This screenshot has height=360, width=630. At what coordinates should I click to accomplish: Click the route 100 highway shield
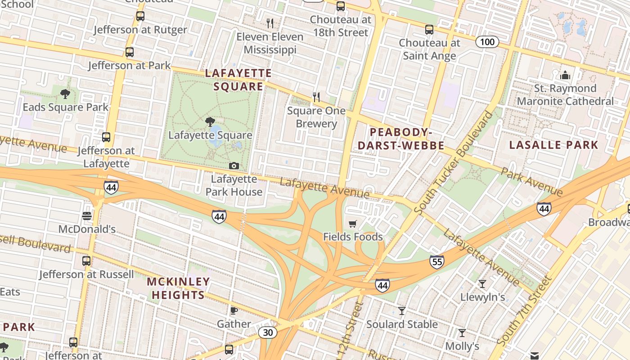[487, 42]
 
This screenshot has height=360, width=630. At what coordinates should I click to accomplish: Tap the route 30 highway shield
[268, 333]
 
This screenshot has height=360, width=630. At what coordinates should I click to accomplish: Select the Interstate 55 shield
[436, 261]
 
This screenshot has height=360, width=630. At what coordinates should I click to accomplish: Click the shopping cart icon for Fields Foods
[353, 224]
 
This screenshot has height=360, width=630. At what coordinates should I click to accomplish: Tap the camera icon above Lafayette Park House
[234, 166]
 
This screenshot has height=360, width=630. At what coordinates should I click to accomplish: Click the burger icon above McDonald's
[87, 216]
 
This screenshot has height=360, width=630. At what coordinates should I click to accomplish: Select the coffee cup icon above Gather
[234, 310]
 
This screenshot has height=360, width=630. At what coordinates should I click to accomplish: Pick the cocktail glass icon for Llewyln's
[482, 283]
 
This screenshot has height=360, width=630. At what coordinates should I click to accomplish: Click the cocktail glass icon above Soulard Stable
[402, 311]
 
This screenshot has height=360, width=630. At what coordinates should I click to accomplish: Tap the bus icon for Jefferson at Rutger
[140, 17]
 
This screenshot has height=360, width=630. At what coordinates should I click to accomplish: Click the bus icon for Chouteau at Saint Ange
[429, 30]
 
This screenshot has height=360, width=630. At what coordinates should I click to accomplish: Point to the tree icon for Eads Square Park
[65, 94]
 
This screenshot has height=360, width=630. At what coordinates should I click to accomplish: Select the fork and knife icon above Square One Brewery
[316, 97]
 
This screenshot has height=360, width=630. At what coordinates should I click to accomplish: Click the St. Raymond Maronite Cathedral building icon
[565, 75]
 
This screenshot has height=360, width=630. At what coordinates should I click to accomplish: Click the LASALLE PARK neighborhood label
[553, 145]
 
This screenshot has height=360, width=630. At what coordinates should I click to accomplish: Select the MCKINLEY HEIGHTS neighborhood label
[178, 288]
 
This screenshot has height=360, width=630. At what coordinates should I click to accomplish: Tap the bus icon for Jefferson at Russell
[86, 261]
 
